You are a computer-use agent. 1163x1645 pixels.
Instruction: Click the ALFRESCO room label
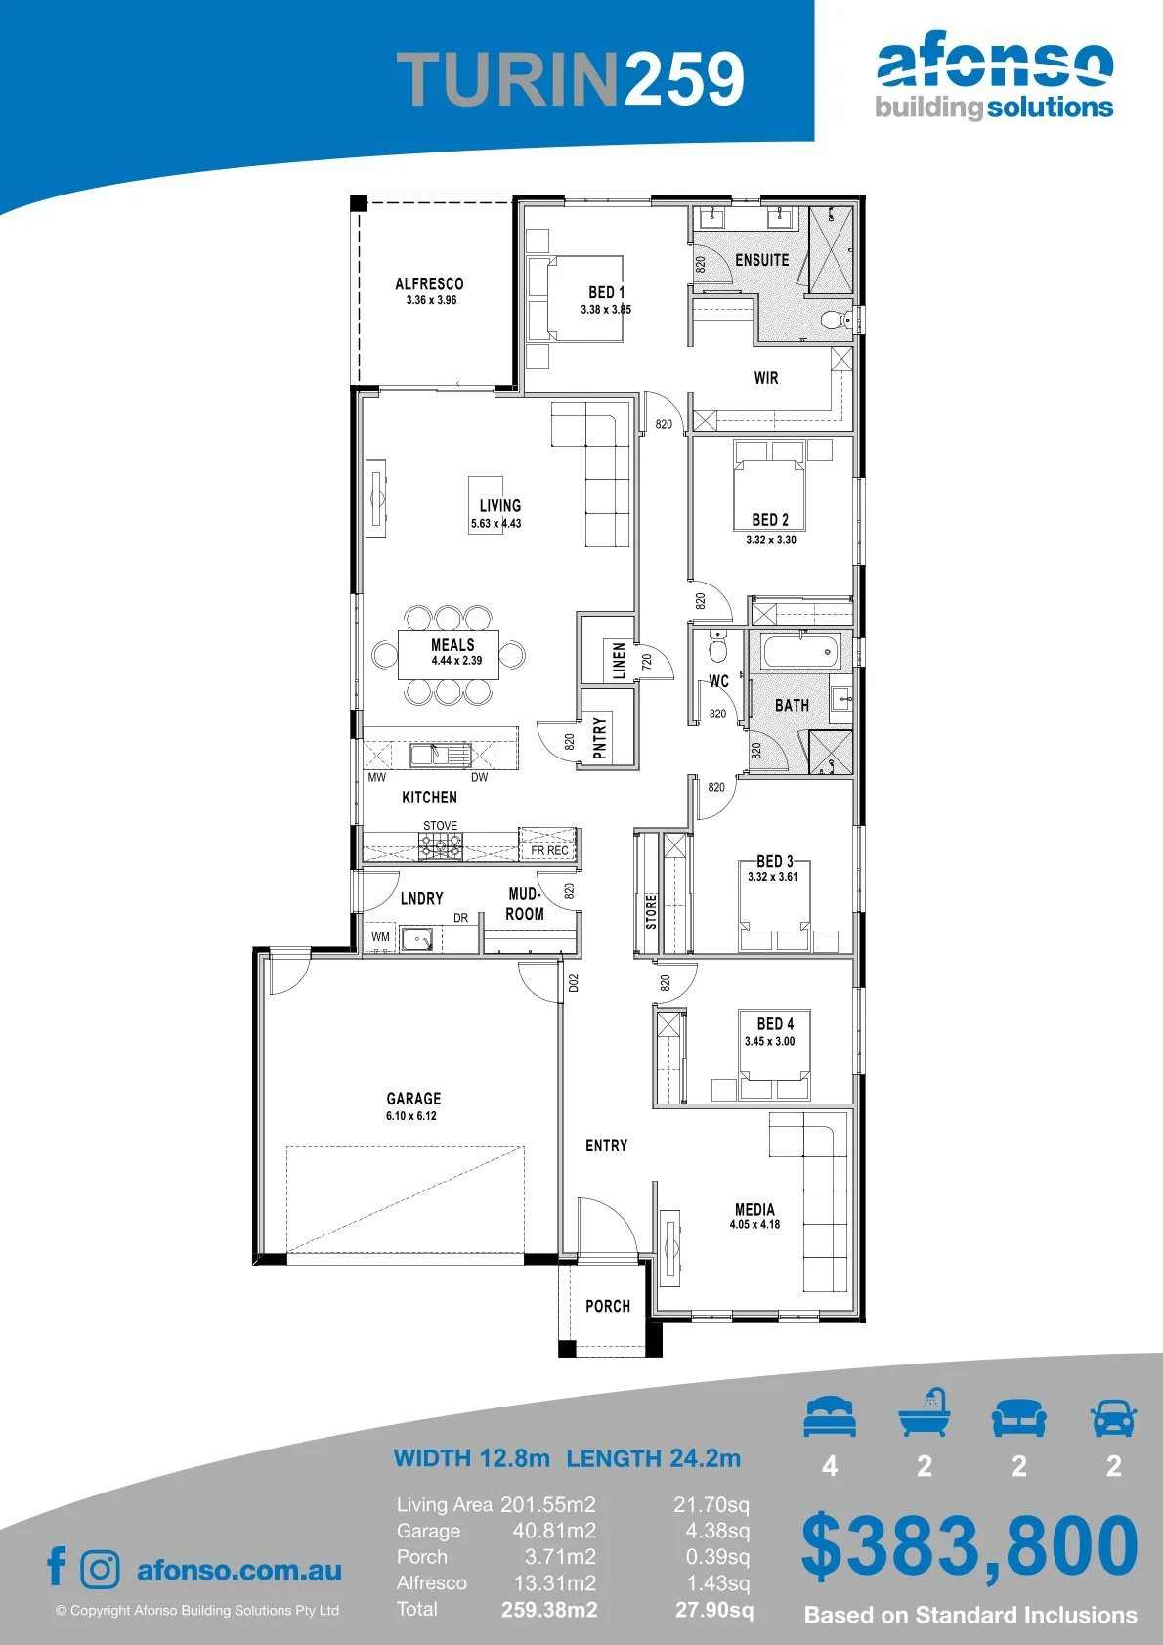(x=429, y=283)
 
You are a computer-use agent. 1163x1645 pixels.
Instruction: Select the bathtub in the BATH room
(x=799, y=651)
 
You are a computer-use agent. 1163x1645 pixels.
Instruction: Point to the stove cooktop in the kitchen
(x=441, y=846)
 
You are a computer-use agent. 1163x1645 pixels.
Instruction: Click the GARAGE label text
(x=413, y=1099)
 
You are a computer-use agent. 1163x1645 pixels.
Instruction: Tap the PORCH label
(x=608, y=1306)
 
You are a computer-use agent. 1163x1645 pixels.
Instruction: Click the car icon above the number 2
(x=1114, y=1417)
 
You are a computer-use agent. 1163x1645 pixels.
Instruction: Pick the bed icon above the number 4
(x=830, y=1416)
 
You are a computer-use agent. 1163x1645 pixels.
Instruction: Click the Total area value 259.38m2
(x=549, y=1610)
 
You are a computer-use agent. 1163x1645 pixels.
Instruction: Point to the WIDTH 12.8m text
(x=471, y=1457)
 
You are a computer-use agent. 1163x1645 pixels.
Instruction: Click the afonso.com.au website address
(x=239, y=1570)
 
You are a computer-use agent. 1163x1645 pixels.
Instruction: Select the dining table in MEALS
(x=449, y=654)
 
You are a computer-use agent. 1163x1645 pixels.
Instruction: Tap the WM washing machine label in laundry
(x=380, y=937)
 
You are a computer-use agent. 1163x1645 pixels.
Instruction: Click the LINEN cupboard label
(x=619, y=660)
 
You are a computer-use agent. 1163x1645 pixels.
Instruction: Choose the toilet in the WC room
(x=717, y=647)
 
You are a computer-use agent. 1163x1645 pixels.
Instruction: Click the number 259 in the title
(x=683, y=78)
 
